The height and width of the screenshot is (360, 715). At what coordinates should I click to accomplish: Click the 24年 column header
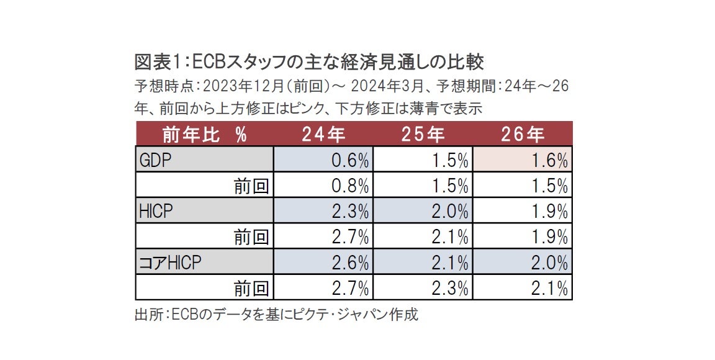323,134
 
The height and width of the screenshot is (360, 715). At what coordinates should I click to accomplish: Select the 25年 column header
423,134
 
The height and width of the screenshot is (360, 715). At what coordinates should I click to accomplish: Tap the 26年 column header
522,134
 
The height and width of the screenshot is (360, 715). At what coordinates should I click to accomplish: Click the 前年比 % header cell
204,134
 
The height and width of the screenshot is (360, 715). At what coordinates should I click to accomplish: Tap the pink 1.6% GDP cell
522,160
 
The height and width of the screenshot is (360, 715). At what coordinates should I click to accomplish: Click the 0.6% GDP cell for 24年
323,160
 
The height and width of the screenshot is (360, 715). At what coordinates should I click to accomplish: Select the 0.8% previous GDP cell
323,186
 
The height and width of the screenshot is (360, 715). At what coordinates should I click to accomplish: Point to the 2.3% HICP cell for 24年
323,211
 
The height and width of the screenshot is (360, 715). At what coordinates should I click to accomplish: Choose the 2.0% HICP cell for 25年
423,211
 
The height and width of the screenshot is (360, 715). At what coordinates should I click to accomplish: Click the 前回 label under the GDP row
251,186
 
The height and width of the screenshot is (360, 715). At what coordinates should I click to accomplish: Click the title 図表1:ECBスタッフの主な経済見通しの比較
309,62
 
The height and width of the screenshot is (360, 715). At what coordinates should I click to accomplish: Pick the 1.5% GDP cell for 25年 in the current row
423,160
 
